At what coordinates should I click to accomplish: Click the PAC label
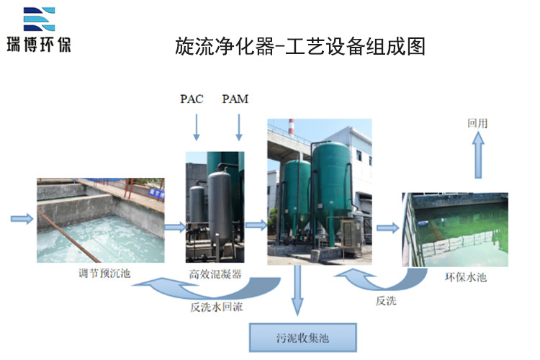192,99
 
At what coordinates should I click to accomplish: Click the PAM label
235,99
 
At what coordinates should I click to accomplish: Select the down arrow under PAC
197,127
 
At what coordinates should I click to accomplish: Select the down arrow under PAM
238,127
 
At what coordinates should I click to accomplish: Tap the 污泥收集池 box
302,338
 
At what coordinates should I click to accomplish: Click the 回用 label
477,123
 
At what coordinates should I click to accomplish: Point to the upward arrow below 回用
478,155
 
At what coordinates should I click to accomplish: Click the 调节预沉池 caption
104,274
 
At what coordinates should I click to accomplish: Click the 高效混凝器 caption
215,274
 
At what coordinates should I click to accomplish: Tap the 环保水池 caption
466,277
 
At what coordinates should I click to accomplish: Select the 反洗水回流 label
217,307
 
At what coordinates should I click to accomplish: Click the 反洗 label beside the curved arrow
386,301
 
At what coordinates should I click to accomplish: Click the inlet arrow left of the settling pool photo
22,219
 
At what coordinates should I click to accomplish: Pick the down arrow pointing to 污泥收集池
297,290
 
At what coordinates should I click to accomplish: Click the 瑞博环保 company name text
39,45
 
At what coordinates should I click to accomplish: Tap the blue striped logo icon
39,19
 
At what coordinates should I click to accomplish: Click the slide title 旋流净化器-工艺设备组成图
300,46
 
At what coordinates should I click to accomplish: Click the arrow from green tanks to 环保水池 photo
388,228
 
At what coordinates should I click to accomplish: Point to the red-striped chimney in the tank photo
292,128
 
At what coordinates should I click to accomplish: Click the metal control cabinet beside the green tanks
350,238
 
